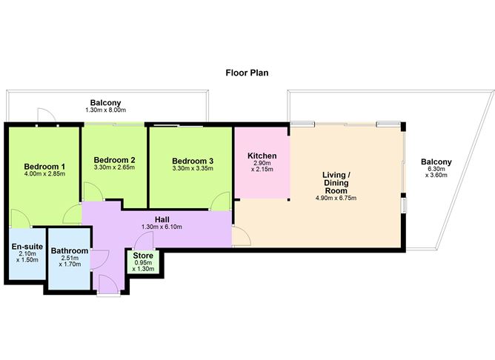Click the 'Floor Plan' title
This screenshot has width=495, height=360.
(x=247, y=73)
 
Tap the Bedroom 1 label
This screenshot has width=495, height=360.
(x=44, y=166)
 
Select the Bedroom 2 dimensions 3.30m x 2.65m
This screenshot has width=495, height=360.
(x=114, y=167)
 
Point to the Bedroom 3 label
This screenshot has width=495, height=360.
(x=193, y=161)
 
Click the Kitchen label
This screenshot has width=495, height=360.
(x=262, y=156)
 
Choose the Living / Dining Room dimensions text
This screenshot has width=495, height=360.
(x=336, y=198)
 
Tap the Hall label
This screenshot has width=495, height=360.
(x=162, y=219)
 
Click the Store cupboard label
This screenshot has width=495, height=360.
(x=143, y=256)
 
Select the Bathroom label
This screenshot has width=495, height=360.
(x=70, y=251)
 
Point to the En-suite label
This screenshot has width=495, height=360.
(x=27, y=247)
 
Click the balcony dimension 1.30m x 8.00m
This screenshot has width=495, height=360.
(x=105, y=110)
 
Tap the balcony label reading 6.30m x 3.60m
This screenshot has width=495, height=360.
(x=436, y=172)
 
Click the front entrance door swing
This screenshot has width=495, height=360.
(x=108, y=284)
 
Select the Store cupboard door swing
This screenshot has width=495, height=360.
(x=144, y=241)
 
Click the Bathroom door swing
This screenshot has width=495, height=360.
(x=100, y=259)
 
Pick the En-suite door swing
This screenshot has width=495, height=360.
(x=21, y=219)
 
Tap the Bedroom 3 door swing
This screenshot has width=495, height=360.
(x=221, y=201)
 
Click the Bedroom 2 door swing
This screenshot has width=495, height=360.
(x=93, y=191)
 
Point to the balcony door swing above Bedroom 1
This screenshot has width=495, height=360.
(x=47, y=115)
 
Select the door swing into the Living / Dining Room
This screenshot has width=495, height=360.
(x=242, y=236)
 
